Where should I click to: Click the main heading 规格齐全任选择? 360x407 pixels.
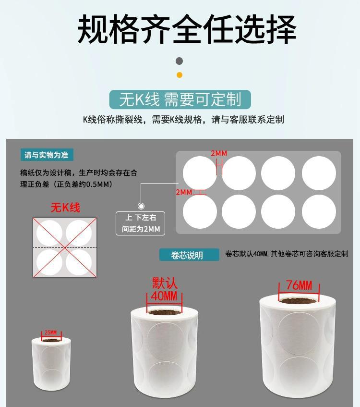click(x=187, y=28)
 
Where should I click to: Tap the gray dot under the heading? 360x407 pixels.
click(x=180, y=61)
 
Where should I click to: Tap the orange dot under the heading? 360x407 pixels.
click(x=180, y=75)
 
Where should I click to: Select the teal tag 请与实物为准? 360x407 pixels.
click(x=47, y=155)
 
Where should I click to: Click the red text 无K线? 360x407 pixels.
click(x=65, y=208)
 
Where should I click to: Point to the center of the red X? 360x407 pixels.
click(x=65, y=247)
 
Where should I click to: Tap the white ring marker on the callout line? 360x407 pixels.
click(x=141, y=206)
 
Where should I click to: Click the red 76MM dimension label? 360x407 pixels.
click(x=299, y=285)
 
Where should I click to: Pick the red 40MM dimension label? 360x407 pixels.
click(x=164, y=296)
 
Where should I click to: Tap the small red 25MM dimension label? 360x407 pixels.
click(x=50, y=333)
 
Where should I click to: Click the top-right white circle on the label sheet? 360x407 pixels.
click(x=319, y=173)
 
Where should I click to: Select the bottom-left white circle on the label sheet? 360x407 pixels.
click(x=200, y=212)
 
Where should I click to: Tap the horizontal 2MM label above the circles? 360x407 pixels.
click(x=219, y=154)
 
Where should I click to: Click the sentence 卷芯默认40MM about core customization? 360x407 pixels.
click(x=287, y=254)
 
